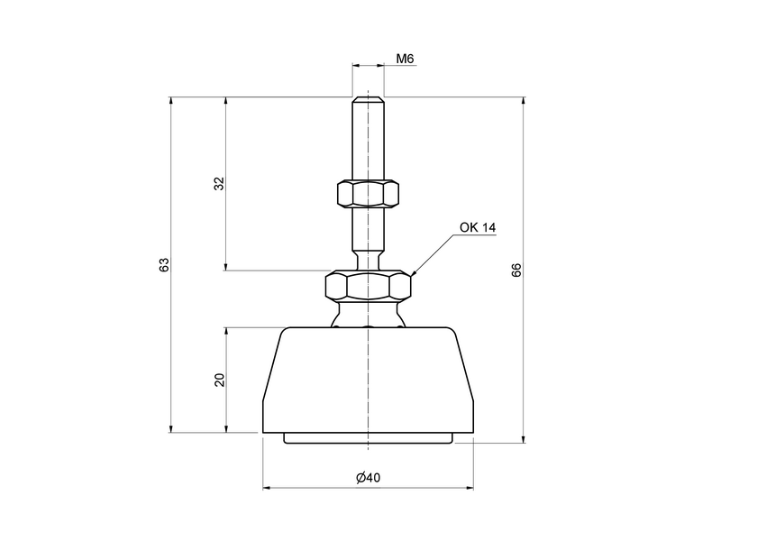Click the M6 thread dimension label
pos(405,59)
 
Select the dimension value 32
pos(218,184)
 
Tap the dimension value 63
pos(164,265)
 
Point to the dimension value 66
pos(516,270)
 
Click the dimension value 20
pos(218,380)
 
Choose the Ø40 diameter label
pos(368,478)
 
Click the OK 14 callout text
pos(478,227)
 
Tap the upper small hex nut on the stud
pos(368,193)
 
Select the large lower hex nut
pos(368,286)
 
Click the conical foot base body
pos(368,379)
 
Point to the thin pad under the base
pos(368,439)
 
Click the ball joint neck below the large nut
pos(368,315)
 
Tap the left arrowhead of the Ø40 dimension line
pos(267,489)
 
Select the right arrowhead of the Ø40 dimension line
pos(470,489)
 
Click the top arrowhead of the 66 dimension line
pos(524,100)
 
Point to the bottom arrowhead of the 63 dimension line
pos(170,428)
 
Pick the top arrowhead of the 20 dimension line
pos(225,331)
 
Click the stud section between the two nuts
pos(368,234)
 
